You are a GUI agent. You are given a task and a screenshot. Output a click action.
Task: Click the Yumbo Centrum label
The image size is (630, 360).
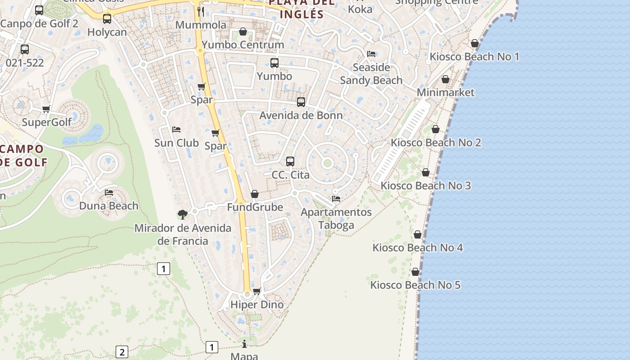click(243, 45)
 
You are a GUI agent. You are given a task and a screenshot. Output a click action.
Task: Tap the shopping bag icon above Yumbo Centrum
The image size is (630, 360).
click(243, 31)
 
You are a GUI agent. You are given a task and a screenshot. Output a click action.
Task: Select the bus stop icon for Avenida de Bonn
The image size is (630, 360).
click(301, 102)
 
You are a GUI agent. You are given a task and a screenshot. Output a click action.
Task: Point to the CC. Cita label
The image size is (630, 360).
click(291, 175)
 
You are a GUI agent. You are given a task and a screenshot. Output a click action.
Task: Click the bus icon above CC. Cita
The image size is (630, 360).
click(290, 161)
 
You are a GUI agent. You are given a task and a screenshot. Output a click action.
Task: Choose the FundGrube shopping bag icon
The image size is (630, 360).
click(255, 194)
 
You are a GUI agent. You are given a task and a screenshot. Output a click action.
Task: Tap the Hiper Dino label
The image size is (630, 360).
click(257, 305)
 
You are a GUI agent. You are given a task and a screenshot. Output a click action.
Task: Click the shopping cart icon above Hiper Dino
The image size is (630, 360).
click(257, 291)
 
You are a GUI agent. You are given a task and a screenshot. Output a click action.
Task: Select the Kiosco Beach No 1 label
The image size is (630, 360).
click(474, 57)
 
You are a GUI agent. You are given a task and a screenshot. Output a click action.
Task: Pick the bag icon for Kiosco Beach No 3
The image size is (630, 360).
click(426, 172)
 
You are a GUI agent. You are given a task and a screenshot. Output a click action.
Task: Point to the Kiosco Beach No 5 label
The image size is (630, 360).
click(415, 285)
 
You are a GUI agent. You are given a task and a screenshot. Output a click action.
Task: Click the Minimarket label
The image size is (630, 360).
click(445, 93)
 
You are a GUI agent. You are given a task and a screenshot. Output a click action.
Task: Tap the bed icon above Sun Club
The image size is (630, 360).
click(176, 130)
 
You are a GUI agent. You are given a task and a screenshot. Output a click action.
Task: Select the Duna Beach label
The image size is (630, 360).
click(109, 206)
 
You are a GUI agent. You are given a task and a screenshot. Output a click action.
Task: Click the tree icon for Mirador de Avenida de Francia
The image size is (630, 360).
click(183, 214)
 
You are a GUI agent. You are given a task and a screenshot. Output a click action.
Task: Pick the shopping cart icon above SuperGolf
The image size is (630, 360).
click(46, 109)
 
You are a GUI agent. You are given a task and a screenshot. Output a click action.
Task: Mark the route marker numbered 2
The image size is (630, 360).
click(122, 351)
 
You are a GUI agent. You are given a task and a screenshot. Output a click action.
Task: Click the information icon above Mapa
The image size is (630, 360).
click(244, 344)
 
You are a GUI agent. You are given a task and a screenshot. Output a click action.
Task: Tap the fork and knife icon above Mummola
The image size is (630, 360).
click(201, 11)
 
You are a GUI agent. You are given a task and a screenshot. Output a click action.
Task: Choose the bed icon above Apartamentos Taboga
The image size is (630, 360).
click(336, 198)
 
